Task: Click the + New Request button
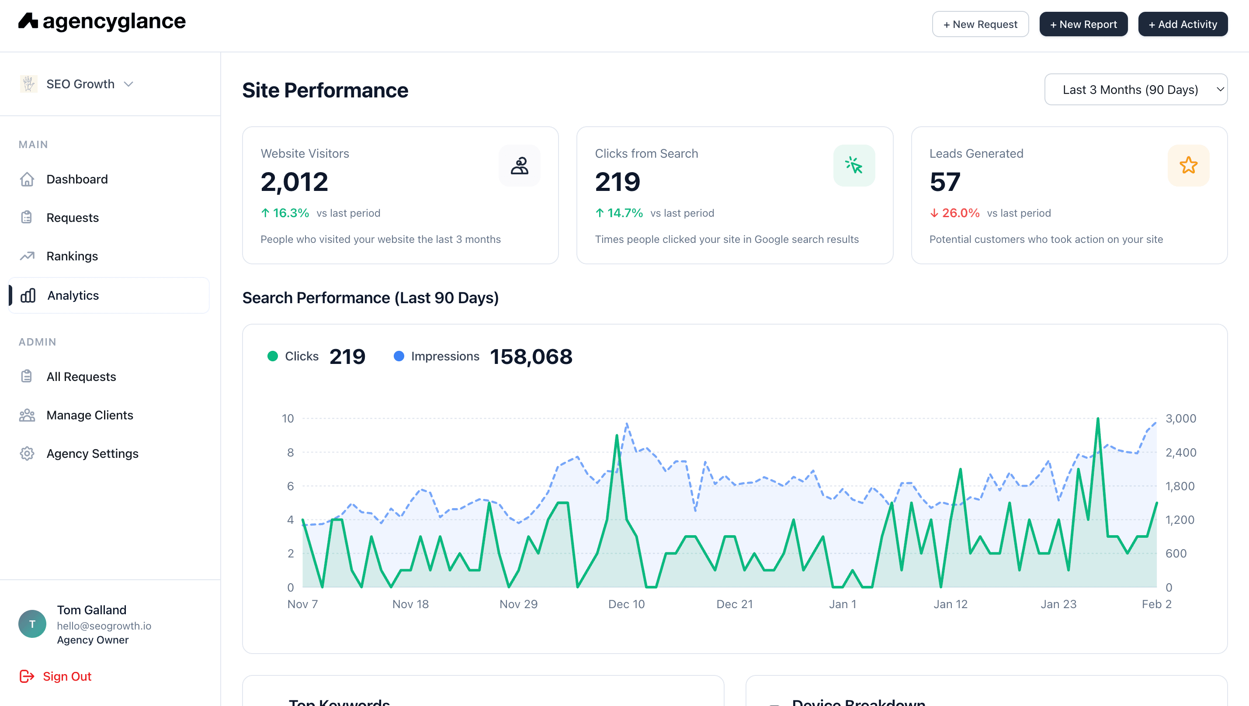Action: pyautogui.click(x=980, y=24)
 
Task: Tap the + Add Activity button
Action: pyautogui.click(x=1182, y=24)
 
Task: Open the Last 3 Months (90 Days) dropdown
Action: pyautogui.click(x=1135, y=90)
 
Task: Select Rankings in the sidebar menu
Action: pyautogui.click(x=72, y=256)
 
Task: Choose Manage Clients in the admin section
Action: pyautogui.click(x=89, y=415)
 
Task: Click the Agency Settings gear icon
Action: pyautogui.click(x=27, y=453)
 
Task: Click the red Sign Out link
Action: pyautogui.click(x=66, y=676)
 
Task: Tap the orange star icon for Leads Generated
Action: pyautogui.click(x=1188, y=165)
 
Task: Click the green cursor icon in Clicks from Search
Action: pyautogui.click(x=853, y=165)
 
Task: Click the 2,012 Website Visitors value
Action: pyautogui.click(x=294, y=182)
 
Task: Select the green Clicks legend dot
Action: pyautogui.click(x=273, y=356)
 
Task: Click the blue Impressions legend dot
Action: pyautogui.click(x=399, y=356)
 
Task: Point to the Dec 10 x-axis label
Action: pyautogui.click(x=626, y=604)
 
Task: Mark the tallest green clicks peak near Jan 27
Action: pyautogui.click(x=1098, y=419)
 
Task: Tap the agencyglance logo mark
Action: pyautogui.click(x=28, y=21)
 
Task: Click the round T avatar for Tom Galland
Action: pyautogui.click(x=32, y=623)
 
